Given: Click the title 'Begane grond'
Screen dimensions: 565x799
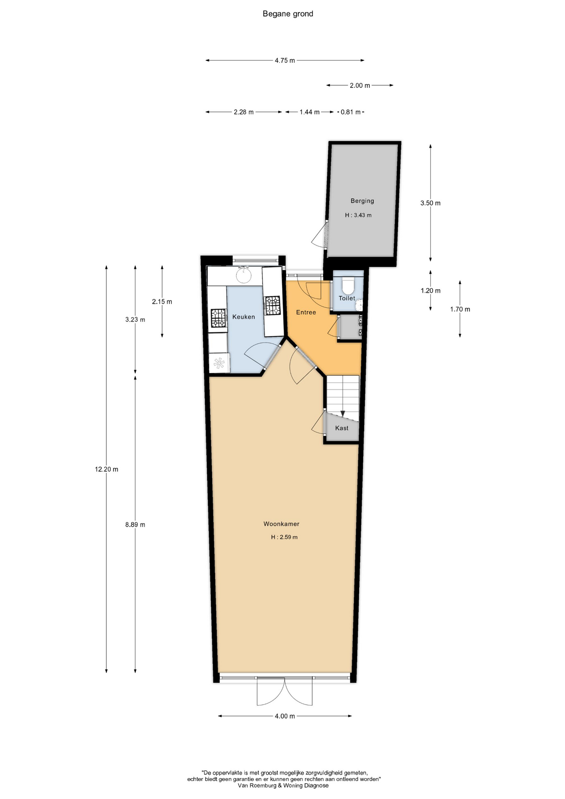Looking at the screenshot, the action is tap(288, 14).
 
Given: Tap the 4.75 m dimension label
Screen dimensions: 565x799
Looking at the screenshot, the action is tap(285, 60).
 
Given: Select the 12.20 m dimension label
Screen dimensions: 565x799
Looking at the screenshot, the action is tap(107, 469).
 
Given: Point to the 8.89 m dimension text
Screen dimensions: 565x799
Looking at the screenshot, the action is tap(135, 524).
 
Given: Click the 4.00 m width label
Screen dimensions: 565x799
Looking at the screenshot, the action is tap(285, 716).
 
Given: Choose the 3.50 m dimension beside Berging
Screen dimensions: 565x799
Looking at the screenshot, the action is tap(430, 203).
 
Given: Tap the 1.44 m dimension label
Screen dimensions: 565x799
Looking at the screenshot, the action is tap(310, 112).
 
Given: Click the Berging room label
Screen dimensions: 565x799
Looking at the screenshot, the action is tap(362, 201).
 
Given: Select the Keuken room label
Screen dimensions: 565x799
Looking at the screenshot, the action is tap(243, 317).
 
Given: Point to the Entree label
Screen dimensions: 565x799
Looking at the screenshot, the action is tap(306, 312).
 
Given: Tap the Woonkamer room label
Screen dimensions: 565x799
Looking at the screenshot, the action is tap(281, 524).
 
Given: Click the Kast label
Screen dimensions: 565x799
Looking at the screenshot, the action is tap(342, 428).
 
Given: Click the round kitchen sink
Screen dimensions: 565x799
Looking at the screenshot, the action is tap(244, 275).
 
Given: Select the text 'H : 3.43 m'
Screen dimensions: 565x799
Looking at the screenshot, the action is tap(358, 215).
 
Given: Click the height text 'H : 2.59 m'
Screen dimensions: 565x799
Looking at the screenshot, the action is tap(284, 537).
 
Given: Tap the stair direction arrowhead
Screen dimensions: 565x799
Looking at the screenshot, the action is tap(342, 414).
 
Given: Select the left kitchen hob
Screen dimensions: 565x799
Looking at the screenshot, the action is tap(218, 318).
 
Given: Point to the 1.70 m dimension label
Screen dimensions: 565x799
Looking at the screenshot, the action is tap(460, 309).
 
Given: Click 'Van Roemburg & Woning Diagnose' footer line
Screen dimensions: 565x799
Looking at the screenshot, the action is tap(283, 785).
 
